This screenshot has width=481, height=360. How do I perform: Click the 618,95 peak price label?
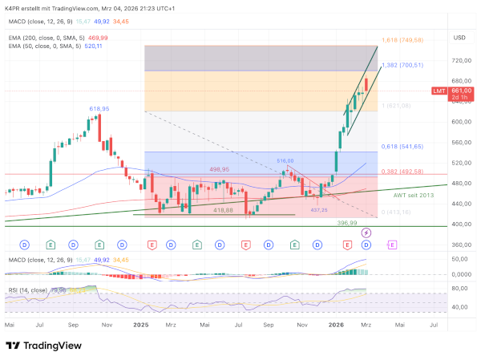click(x=99, y=107)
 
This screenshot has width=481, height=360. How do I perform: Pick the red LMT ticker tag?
click(x=440, y=91)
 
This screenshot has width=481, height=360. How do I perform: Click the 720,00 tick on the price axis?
click(x=461, y=60)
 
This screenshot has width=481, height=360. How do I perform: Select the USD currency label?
click(x=459, y=37)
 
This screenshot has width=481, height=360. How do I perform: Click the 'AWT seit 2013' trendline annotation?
click(x=414, y=195)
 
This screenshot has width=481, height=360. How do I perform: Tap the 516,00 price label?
click(x=285, y=161)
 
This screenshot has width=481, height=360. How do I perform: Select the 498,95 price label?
click(x=220, y=170)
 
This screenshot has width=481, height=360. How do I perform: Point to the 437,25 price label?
click(x=319, y=209)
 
